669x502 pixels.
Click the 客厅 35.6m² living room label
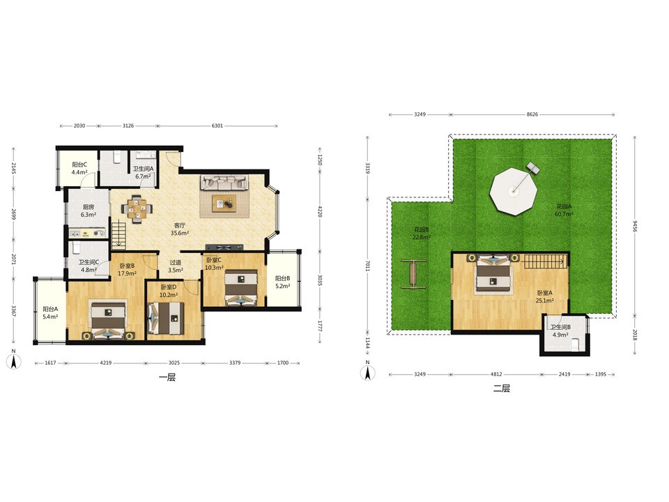[x=180, y=229]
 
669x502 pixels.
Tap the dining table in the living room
[x=137, y=209]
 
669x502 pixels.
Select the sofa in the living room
[x=224, y=182]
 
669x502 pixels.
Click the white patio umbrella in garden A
[x=514, y=191]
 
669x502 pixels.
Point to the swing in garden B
[x=413, y=274]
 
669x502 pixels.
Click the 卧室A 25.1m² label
[x=544, y=297]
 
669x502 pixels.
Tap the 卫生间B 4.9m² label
[x=560, y=330]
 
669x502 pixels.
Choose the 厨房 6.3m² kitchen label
[x=89, y=211]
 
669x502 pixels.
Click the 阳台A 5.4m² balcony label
[x=50, y=313]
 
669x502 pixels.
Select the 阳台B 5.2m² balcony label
[x=282, y=282]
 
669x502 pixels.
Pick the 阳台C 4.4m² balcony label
[x=79, y=168]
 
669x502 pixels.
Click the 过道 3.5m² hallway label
[x=176, y=266]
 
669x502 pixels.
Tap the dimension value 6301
[x=217, y=125]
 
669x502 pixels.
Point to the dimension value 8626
[x=532, y=114]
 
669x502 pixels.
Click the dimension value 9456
[x=635, y=226]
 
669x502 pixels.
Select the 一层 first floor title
[x=167, y=377]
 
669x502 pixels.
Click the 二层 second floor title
[x=502, y=388]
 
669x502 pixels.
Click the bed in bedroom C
[x=241, y=287]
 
